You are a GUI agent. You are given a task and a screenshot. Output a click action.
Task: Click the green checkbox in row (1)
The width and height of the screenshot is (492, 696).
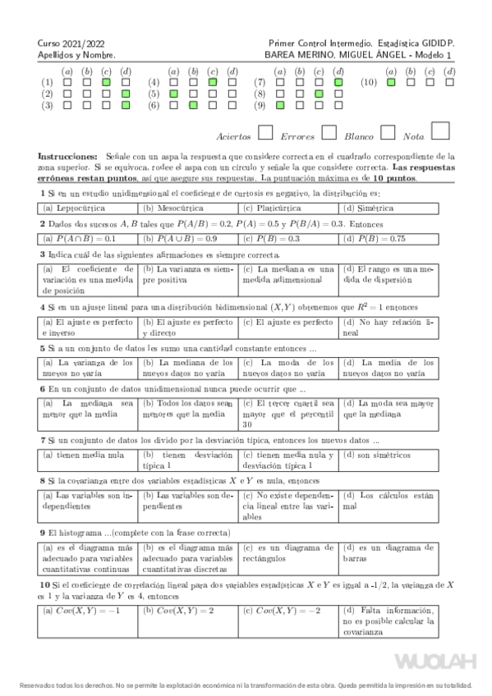tap(106, 82)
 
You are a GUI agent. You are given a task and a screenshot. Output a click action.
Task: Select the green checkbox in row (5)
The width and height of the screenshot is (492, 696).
tap(173, 94)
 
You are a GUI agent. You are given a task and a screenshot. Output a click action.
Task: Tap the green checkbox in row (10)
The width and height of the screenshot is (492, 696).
tap(390, 82)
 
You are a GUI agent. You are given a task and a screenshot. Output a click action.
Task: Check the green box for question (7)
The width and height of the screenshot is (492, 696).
tap(338, 82)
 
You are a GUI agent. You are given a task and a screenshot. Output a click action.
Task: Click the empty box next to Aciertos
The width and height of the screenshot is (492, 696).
tap(265, 132)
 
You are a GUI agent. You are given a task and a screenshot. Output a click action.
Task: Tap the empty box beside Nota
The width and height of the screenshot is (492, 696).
tap(440, 130)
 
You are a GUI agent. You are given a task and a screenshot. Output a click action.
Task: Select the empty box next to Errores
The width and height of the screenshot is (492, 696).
tap(329, 132)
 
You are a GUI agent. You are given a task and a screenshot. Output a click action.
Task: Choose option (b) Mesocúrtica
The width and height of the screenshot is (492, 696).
tap(189, 208)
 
